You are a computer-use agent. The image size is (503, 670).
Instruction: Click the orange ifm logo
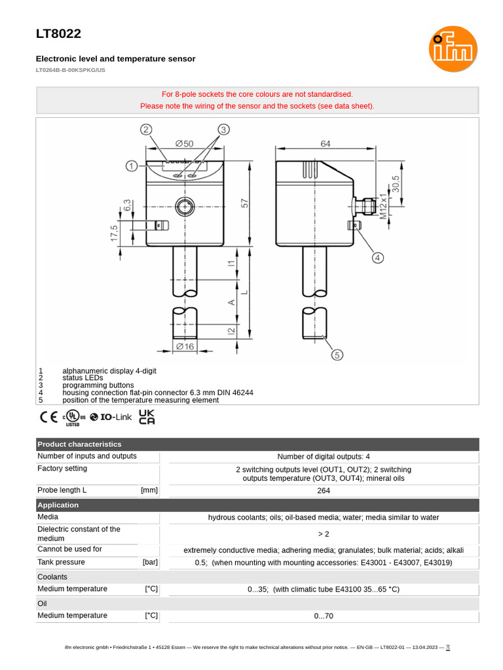pos(453,49)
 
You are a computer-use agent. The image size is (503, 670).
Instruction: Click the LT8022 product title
pos(58,34)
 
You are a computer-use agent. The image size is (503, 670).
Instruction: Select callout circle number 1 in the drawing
pos(132,166)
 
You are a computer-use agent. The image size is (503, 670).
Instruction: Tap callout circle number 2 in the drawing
pos(146,130)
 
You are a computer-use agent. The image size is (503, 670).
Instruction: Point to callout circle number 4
pos(378,258)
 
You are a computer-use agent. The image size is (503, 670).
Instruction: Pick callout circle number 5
pos(337,355)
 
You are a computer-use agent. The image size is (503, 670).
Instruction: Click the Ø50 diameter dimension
pos(184,143)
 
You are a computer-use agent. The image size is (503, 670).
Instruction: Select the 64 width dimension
pos(326,143)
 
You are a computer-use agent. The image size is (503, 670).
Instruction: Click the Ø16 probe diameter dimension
pos(185,347)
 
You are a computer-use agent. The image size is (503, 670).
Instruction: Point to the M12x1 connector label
pos(384,203)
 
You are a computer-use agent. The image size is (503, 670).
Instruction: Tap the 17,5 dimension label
pos(115,234)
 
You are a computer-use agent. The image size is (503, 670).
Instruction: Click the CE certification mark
pos(48,417)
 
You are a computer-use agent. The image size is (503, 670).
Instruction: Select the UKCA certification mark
pos(147,417)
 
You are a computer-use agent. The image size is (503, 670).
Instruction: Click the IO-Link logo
pos(111,417)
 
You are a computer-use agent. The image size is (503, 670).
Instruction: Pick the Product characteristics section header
pos(79,444)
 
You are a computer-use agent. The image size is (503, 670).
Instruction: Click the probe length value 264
pos(324,490)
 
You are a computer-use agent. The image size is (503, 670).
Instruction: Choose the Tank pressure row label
pos(61,562)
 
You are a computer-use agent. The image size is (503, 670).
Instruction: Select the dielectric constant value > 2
pos(324,534)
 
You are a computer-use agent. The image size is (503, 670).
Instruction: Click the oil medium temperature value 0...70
pos(324,616)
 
